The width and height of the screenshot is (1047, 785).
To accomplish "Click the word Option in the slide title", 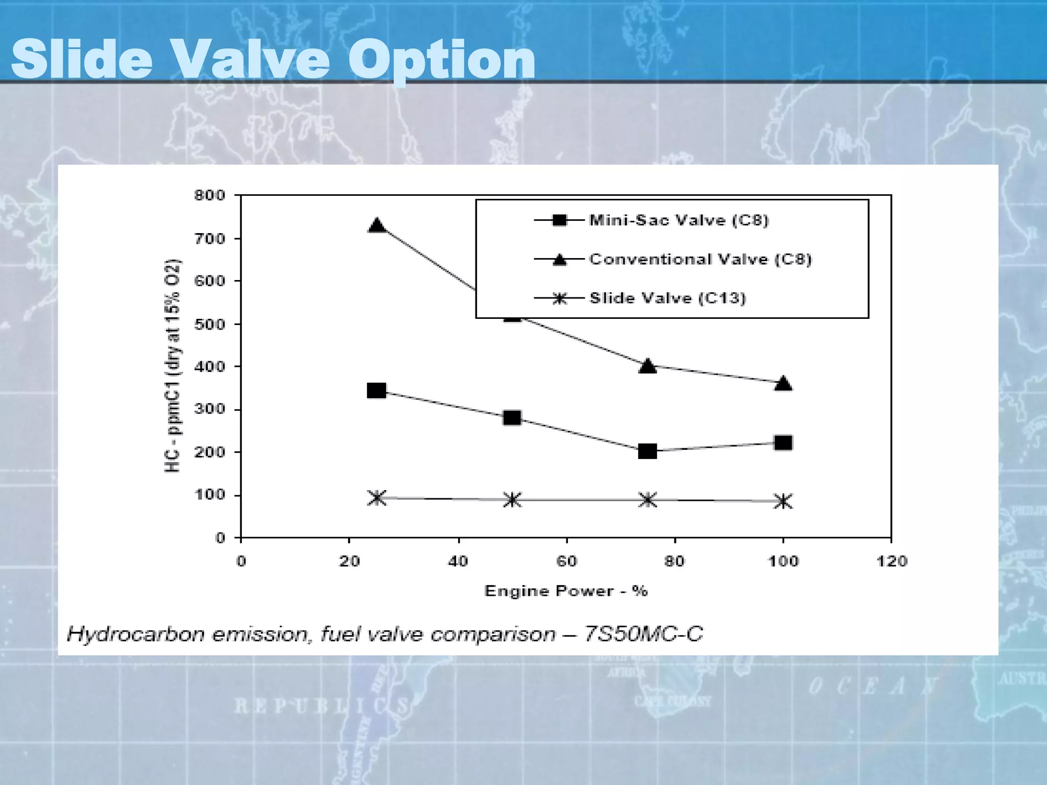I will (x=442, y=60).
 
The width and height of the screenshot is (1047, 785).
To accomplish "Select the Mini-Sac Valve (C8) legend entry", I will (x=678, y=220).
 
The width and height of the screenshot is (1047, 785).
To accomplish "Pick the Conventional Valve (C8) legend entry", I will (x=700, y=259).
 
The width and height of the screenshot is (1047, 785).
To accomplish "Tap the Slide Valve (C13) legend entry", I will (x=667, y=298).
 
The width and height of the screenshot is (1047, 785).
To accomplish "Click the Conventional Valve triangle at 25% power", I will (x=377, y=225).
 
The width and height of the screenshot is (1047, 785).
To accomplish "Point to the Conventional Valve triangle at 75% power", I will (x=648, y=366).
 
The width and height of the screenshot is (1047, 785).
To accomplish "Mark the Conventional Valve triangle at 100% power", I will (x=783, y=383).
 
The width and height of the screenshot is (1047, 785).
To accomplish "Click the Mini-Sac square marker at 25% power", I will (x=377, y=391).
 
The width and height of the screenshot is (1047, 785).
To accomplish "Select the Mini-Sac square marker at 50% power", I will (x=512, y=418).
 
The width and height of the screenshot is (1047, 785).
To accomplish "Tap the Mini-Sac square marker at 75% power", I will (x=648, y=451).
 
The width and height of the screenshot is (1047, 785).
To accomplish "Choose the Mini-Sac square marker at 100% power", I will (x=783, y=443).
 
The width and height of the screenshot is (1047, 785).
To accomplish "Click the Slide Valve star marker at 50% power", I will (x=512, y=500).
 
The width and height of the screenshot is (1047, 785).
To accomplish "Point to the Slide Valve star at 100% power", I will (x=783, y=501).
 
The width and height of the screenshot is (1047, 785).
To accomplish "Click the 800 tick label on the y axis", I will (x=210, y=195).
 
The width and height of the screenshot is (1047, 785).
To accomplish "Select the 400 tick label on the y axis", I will (x=210, y=366).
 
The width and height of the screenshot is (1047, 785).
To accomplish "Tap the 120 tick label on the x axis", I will (x=892, y=562).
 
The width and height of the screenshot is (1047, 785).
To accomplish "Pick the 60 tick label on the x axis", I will (x=566, y=562).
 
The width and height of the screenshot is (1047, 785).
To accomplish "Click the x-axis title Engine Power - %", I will (x=566, y=591).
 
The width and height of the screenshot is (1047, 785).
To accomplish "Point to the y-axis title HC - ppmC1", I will (x=173, y=366).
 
